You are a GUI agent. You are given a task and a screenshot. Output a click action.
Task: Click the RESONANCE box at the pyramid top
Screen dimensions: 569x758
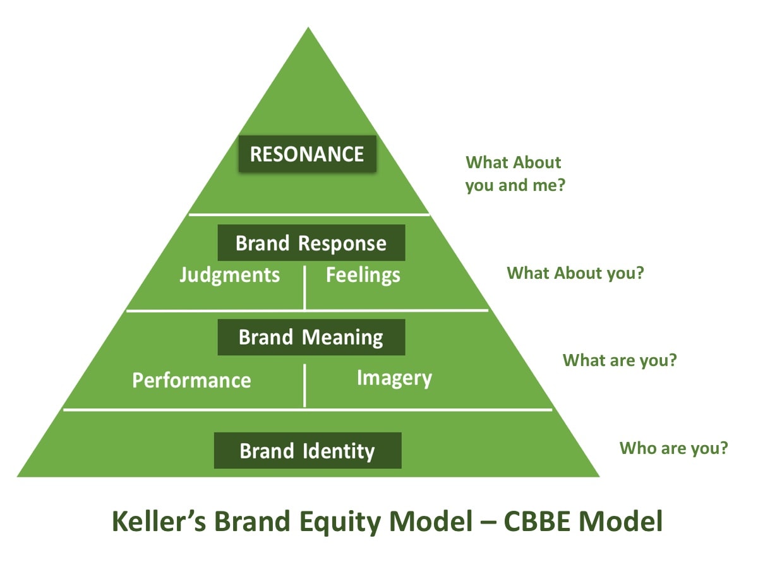tap(307, 154)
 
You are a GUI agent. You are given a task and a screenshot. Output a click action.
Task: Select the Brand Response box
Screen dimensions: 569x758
tap(311, 243)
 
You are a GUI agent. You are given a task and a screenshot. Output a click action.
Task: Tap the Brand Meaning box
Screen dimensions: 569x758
tap(311, 337)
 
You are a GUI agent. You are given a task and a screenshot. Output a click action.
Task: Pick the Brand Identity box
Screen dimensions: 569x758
tap(308, 451)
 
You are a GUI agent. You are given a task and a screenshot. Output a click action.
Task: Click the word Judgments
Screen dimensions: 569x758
tap(229, 276)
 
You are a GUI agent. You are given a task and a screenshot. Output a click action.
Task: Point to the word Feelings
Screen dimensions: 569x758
tap(363, 276)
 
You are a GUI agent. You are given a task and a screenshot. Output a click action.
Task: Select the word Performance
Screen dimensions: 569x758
tap(191, 380)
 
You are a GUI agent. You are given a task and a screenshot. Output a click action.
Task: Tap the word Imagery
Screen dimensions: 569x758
tap(394, 378)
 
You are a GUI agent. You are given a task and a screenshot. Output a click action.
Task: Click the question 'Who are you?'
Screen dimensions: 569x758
tap(673, 448)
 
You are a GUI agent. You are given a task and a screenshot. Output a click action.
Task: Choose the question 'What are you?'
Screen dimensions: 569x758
tap(620, 360)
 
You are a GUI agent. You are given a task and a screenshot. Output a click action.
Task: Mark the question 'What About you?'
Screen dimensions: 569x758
tap(575, 273)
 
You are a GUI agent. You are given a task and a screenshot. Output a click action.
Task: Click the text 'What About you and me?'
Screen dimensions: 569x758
tap(514, 174)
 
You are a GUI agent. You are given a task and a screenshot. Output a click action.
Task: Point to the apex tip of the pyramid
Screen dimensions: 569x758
tap(308, 28)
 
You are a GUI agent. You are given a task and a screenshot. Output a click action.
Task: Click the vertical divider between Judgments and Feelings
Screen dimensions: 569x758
tap(304, 288)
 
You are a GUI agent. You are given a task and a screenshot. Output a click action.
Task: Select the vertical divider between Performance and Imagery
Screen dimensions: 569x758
tap(304, 386)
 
